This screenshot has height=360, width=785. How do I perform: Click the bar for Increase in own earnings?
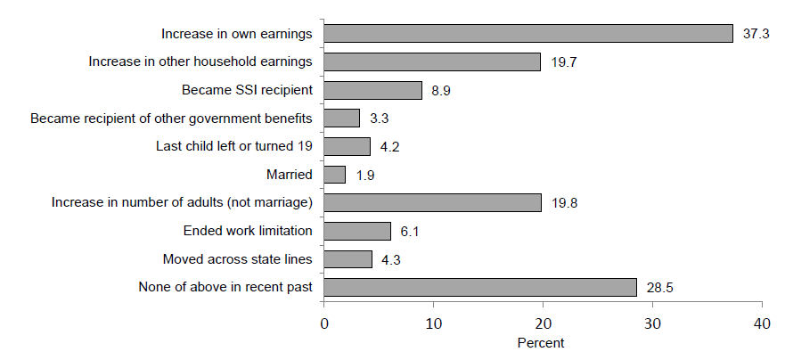[527, 34]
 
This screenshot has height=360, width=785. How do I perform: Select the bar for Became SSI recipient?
[372, 90]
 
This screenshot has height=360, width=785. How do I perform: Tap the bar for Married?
[334, 175]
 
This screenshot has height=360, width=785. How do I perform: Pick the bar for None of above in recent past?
[480, 287]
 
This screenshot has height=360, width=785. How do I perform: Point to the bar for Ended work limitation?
[357, 231]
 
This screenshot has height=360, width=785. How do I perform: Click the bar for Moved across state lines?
[348, 259]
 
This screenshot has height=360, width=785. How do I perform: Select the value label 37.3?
[756, 34]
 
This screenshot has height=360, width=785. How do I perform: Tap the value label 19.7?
[563, 62]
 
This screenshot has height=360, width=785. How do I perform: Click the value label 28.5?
[659, 287]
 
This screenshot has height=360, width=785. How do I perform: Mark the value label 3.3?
[379, 119]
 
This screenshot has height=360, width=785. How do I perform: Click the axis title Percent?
[541, 342]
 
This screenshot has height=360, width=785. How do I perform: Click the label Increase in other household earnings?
[200, 62]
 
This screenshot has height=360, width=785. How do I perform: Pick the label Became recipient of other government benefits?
[171, 119]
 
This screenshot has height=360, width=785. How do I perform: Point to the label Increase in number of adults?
[183, 203]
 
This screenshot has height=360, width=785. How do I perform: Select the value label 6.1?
[410, 231]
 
